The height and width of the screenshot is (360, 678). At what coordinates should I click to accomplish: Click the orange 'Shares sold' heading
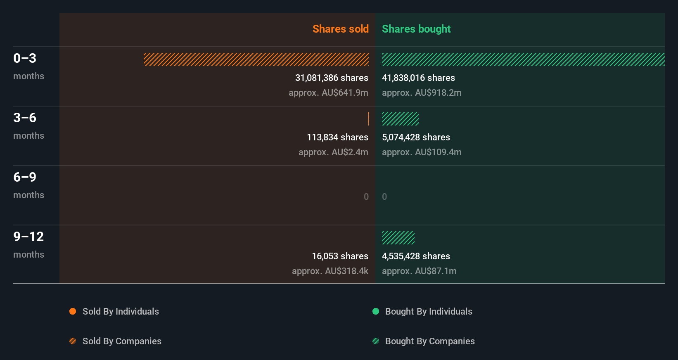pos(340,29)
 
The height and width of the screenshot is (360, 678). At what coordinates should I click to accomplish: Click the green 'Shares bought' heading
pos(416,29)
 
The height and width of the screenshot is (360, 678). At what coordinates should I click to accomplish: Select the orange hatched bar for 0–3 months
pos(256,59)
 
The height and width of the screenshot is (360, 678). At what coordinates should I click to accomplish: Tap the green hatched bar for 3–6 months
pos(400,119)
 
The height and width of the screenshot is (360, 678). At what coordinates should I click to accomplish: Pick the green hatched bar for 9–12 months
pos(398,238)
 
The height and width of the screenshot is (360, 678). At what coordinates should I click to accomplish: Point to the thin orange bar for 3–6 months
pos(368,119)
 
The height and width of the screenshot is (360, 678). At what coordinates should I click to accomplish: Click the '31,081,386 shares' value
pos(332,78)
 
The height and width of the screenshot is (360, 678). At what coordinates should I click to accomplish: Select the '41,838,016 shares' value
pos(418,78)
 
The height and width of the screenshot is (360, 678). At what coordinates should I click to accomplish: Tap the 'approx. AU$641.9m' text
pos(328,93)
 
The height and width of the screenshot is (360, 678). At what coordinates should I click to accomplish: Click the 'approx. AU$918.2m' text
pos(422,93)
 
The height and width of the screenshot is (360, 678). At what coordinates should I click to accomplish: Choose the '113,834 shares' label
pos(337,137)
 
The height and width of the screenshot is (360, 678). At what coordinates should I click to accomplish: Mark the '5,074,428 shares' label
pos(416,137)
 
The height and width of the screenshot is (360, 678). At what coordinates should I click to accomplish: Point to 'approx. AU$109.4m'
pos(422,152)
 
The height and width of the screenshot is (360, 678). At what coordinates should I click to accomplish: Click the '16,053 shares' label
pos(340,256)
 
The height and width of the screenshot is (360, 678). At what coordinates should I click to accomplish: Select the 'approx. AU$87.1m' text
pos(419,271)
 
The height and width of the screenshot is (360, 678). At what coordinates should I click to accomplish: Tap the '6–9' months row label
pos(25,178)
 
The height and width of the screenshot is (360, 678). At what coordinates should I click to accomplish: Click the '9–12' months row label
pos(28,237)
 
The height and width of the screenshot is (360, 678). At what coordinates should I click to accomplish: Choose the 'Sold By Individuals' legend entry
pos(121,312)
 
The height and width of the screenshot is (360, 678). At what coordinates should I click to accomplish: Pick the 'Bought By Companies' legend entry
pos(429,341)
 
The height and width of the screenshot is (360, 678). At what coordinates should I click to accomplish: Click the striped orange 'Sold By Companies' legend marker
pos(73,341)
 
